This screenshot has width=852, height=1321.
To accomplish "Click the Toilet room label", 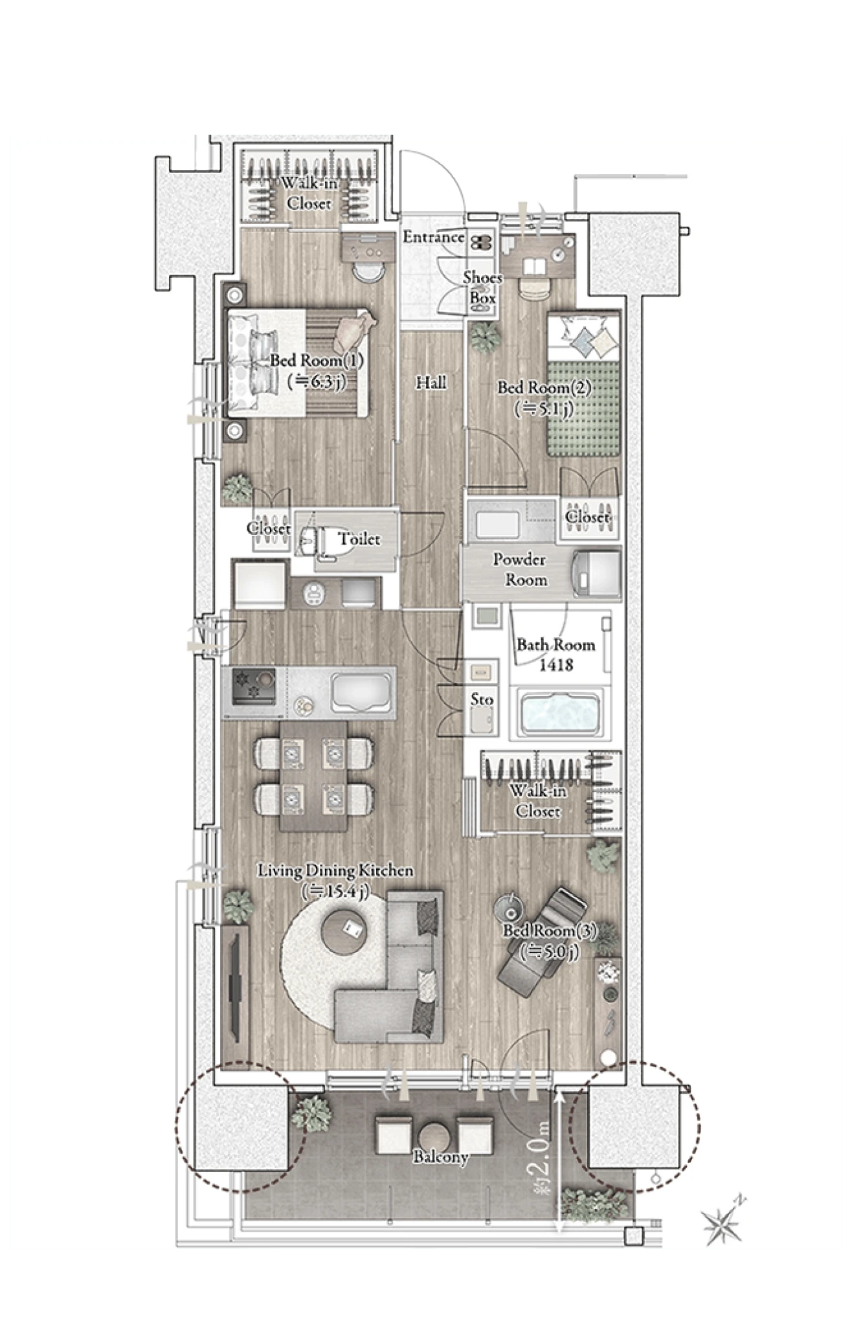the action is tap(359, 538).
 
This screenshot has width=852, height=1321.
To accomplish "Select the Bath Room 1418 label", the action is tap(555, 654).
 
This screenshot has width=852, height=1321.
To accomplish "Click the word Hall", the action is tap(431, 383).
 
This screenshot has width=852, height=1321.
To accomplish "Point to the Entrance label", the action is tap(433, 237).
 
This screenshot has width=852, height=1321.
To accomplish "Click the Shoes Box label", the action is tap(482, 288).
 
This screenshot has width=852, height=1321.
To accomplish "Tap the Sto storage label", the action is tap(482, 699).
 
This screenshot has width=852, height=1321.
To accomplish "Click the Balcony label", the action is tap(441, 1156).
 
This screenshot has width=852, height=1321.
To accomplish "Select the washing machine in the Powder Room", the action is tap(596, 572).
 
